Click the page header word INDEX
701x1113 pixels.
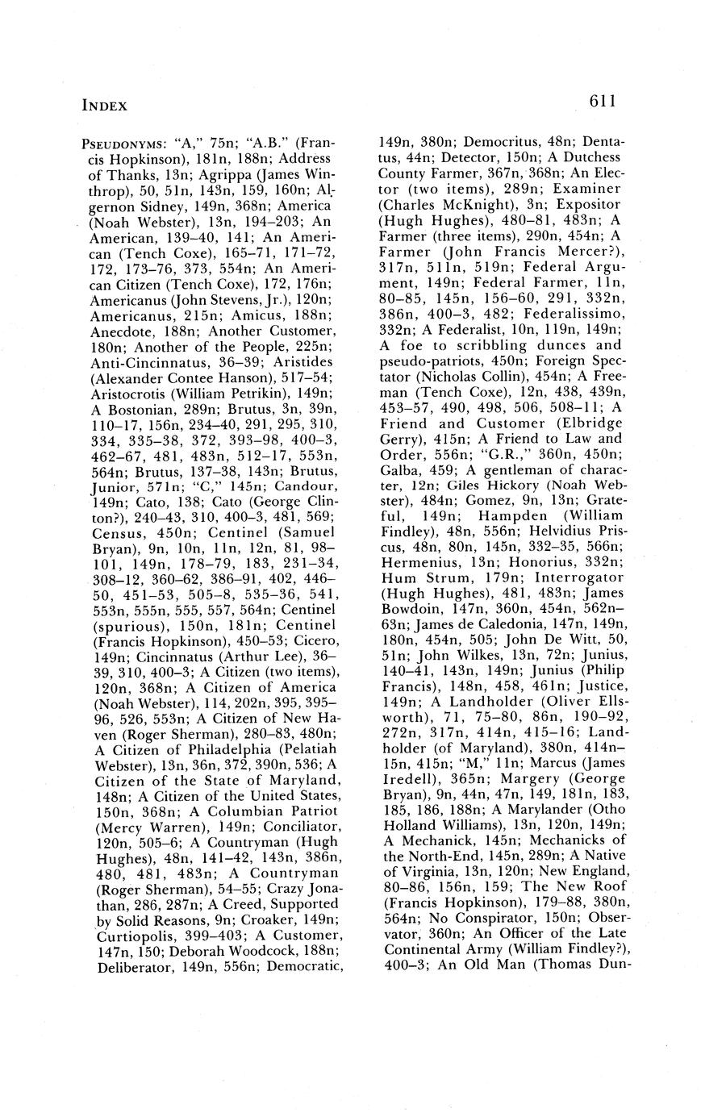pyautogui.click(x=105, y=105)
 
